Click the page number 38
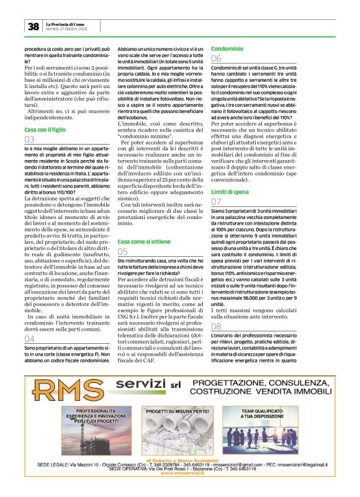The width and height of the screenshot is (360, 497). click(32, 25)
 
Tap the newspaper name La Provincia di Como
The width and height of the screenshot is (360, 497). click(68, 23)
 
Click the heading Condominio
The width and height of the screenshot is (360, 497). click(223, 48)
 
